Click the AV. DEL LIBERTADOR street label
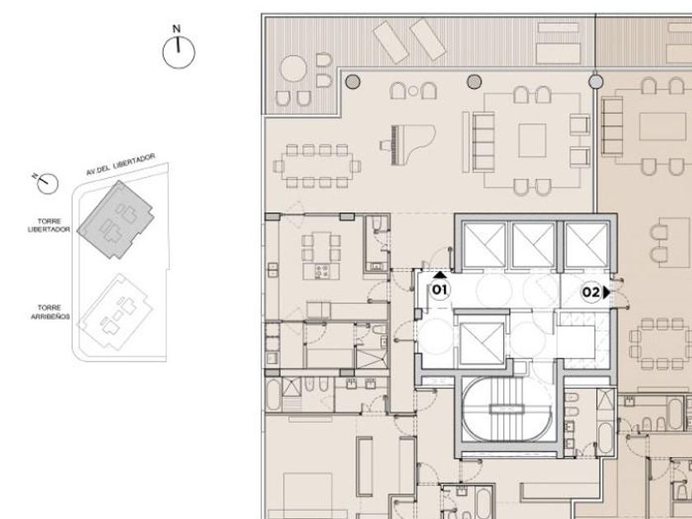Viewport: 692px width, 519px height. click(121, 164)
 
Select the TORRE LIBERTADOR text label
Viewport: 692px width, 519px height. click(49, 225)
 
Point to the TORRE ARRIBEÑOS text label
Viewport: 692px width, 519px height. click(50, 312)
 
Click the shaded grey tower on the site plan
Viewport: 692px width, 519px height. click(115, 219)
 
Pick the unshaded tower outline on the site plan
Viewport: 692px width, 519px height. click(115, 312)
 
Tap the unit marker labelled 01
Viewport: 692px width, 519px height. click(440, 290)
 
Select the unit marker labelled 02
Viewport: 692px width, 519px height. click(591, 292)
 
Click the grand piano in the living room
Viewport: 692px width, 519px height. click(408, 144)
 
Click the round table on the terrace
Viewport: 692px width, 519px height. click(293, 68)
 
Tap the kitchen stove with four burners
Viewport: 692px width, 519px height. click(322, 270)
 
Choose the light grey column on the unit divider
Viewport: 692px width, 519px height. click(596, 82)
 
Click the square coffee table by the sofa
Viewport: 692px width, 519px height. click(532, 140)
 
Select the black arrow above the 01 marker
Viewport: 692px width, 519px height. click(440, 275)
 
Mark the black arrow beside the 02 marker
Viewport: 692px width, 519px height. click(607, 292)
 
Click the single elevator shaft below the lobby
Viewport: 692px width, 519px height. click(481, 344)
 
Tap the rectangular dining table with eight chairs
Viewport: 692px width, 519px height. click(317, 166)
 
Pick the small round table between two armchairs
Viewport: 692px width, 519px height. click(413, 91)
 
